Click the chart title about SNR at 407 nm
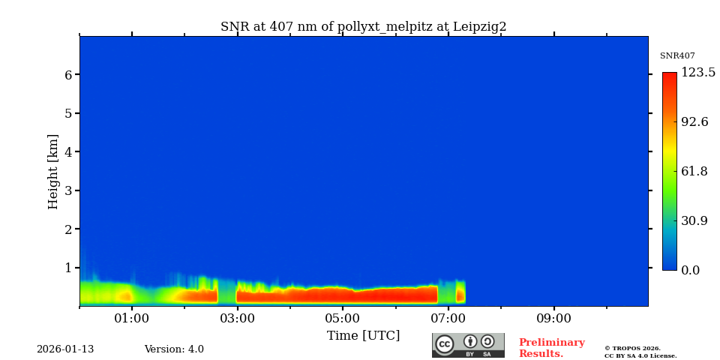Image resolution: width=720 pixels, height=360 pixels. [363, 27]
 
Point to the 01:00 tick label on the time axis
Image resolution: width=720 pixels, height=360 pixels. [132, 319]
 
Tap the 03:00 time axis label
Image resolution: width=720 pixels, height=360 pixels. [237, 319]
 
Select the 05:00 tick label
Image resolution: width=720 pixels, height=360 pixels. [343, 319]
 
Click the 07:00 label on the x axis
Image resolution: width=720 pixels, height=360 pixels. [448, 319]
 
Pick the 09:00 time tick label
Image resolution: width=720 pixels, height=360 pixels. [554, 319]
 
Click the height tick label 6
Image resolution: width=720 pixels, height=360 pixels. [68, 75]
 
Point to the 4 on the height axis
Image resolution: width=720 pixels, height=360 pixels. [68, 152]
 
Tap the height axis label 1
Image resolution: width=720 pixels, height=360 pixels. [68, 268]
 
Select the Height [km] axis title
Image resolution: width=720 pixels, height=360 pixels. [53, 171]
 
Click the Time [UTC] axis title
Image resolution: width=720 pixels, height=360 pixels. [363, 336]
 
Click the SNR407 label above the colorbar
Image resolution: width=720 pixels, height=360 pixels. [677, 56]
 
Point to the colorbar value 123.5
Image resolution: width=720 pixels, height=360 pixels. [698, 73]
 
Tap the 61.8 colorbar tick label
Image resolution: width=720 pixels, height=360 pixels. [694, 172]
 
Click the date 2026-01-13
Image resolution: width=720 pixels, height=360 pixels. [65, 349]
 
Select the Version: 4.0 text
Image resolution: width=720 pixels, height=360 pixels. [174, 349]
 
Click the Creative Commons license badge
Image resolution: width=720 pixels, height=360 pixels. [468, 345]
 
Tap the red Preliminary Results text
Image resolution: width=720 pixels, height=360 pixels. [551, 348]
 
